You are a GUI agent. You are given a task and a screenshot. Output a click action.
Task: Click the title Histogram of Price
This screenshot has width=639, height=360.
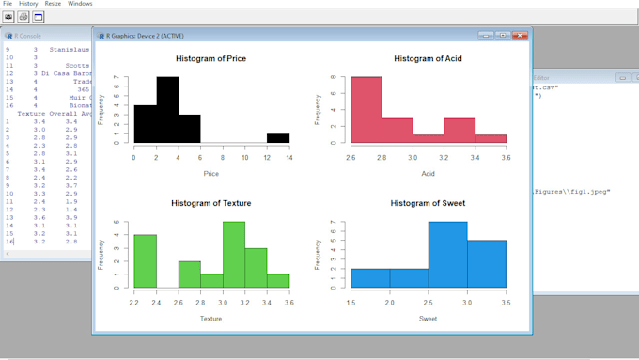coord(211,58)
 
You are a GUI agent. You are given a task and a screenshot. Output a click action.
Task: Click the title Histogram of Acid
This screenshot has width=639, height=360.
coord(428,58)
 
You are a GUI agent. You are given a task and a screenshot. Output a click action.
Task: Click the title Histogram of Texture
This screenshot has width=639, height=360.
coord(211,203)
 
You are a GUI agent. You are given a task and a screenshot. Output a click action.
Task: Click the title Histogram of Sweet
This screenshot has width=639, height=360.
coord(428,203)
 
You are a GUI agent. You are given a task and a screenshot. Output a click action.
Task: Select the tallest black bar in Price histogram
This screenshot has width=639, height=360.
coord(167,110)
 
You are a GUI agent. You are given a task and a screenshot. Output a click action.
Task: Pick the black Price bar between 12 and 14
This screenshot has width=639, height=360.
coord(278,138)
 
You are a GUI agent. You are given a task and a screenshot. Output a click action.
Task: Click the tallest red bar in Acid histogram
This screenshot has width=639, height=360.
coord(366,110)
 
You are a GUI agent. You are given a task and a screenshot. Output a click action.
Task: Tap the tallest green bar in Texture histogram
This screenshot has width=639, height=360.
coord(234,255)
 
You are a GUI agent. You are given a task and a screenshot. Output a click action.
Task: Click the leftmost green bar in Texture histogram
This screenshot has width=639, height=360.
coord(145,260)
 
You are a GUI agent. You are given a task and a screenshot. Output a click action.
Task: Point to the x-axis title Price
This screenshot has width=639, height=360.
coord(211,174)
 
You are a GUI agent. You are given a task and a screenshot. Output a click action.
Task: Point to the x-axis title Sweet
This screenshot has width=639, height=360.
coord(428,319)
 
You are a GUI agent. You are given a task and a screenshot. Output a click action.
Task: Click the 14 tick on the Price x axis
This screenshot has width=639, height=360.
coord(289,157)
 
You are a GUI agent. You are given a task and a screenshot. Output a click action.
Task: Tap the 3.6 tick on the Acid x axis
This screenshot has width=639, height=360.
coord(506,157)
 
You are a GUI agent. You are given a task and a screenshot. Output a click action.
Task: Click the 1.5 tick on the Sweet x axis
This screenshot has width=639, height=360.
coord(351,302)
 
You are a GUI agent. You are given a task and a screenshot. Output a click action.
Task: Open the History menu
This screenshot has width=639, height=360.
coord(28,4)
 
